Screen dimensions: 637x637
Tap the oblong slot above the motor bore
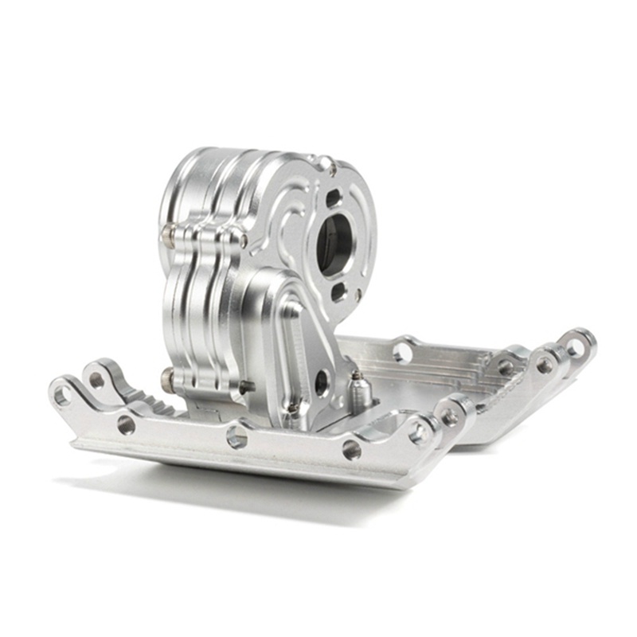click(334, 196)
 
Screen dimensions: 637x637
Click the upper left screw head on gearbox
click(168, 233)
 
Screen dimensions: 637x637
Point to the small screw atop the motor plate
click(326, 163)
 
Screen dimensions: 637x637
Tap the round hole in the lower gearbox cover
click(322, 381)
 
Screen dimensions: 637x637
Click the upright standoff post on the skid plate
click(358, 387)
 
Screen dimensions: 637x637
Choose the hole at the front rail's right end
click(452, 415)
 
